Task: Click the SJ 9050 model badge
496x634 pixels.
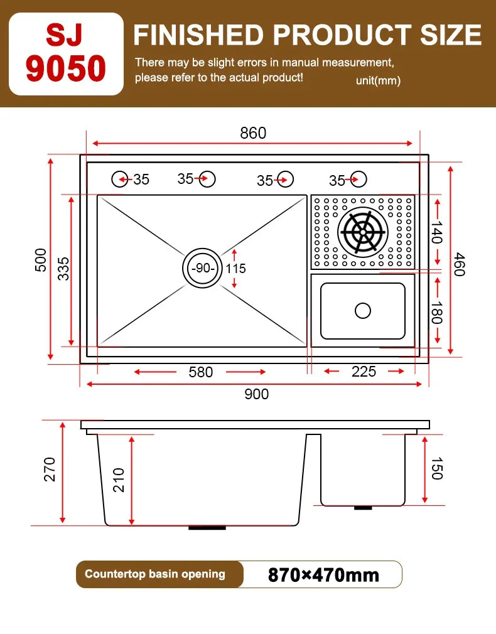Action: pos(66,53)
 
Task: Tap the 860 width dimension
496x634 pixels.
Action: pos(253,133)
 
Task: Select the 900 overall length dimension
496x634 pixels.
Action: pos(256,394)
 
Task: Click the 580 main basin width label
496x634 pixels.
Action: pos(201,372)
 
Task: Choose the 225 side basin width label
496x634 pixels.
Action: pos(364,372)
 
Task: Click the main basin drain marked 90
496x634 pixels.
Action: pos(202,268)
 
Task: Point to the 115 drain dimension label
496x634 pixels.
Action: pos(236,269)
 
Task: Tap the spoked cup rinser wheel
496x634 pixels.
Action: pos(362,232)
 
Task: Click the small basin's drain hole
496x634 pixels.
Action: pos(363,310)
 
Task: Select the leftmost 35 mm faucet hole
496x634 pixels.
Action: pos(121,179)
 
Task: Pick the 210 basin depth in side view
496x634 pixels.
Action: pos(119,480)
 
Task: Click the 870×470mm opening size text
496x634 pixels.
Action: pos(323,574)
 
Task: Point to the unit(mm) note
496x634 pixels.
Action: pos(378,80)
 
